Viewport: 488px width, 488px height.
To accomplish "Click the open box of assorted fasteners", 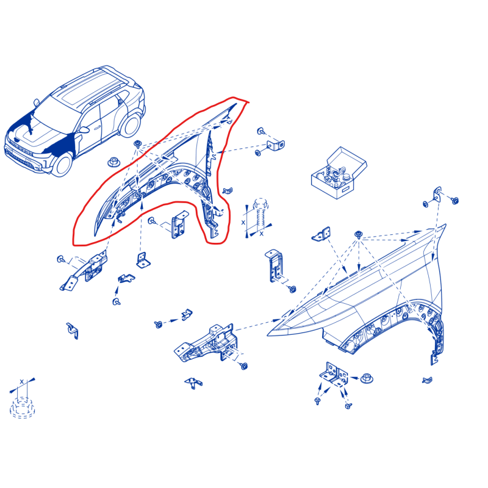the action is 339,173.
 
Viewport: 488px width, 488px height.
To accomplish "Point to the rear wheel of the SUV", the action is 131,125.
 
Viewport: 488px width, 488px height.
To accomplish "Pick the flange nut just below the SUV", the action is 113,162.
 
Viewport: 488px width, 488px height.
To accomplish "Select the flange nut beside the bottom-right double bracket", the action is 367,378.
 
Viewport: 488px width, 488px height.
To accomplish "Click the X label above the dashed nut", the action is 21,381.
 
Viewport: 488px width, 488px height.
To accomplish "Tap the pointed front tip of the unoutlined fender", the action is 268,335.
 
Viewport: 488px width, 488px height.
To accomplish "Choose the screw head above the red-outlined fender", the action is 137,143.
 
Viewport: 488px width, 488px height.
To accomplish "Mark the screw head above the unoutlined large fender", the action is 359,234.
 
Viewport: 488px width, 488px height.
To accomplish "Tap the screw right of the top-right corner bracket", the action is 454,200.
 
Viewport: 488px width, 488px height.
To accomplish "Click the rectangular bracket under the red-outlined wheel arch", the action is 179,224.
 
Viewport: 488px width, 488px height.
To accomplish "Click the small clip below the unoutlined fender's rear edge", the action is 427,379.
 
